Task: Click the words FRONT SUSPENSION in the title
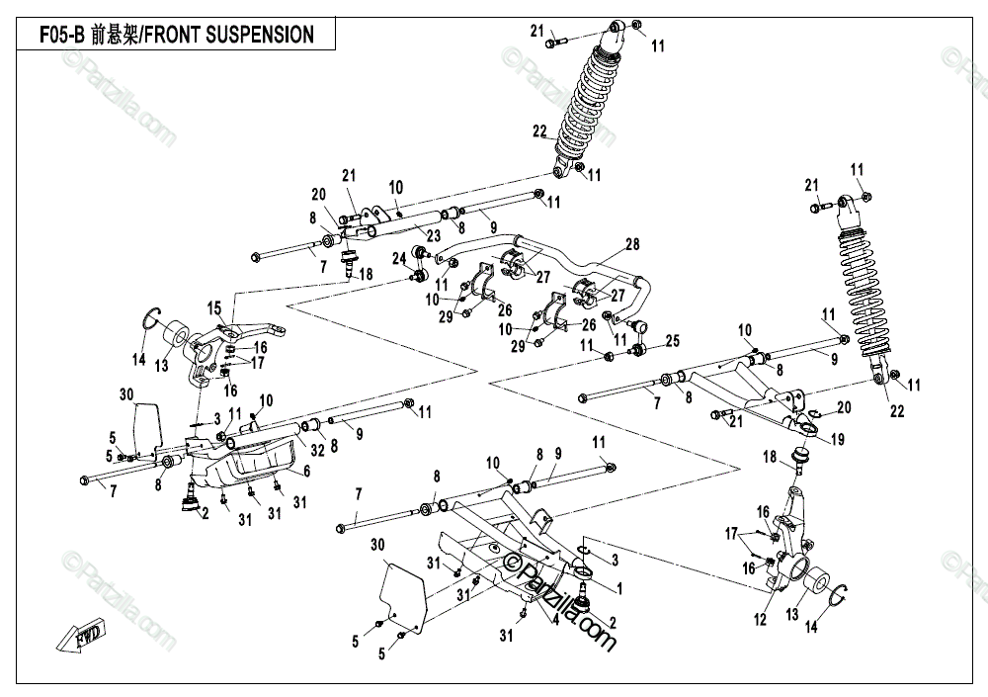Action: (x=229, y=34)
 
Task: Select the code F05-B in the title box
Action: (x=61, y=34)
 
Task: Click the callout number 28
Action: (x=632, y=244)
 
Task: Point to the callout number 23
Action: (x=433, y=236)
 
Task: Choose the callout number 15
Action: (x=214, y=308)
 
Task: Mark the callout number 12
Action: (x=761, y=619)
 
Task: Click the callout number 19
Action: (x=837, y=439)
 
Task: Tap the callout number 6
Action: (x=307, y=471)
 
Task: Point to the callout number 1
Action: (x=619, y=589)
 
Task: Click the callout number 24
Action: (x=399, y=258)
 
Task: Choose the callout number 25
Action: (x=673, y=341)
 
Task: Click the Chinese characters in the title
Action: (x=115, y=34)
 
